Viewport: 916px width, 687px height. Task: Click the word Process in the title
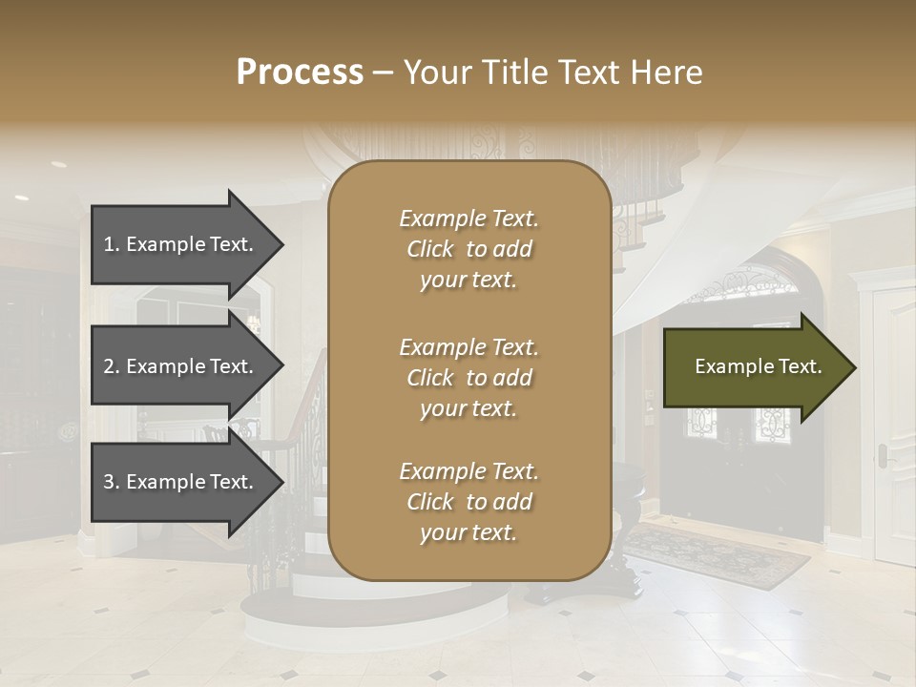point(300,73)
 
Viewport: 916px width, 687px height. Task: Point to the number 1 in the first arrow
point(109,244)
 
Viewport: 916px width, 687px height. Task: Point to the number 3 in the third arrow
point(109,482)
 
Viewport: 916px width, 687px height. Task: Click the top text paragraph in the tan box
point(468,249)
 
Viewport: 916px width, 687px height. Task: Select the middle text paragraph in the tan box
point(468,378)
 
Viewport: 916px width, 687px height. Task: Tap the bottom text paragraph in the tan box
point(468,502)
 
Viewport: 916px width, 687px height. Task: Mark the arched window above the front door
point(735,286)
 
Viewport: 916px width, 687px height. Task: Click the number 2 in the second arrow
point(109,366)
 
